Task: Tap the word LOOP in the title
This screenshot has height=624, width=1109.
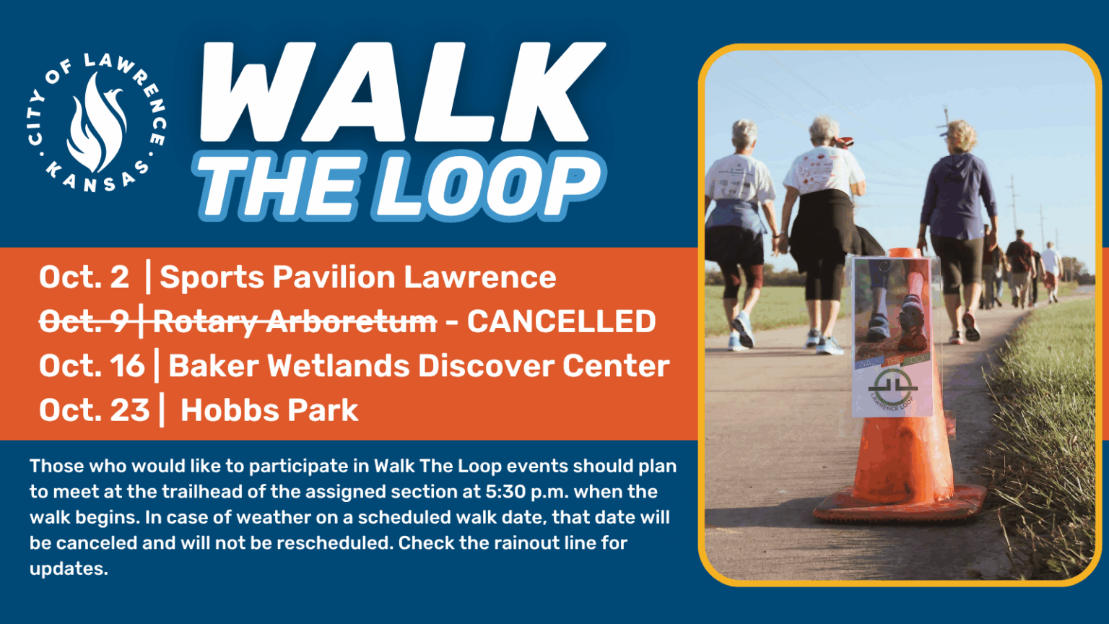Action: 491,186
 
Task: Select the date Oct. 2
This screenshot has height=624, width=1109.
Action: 84,277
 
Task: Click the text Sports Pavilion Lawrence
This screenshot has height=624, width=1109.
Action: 357,277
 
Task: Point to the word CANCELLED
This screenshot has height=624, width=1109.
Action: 561,322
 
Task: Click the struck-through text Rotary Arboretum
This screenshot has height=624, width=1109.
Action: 295,322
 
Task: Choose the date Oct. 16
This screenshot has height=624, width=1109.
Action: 92,366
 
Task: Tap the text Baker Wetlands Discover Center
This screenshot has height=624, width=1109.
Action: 419,366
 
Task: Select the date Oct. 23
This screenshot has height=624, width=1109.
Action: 94,410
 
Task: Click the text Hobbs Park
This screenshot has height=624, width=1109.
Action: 269,410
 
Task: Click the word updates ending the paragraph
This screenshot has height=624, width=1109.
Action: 68,568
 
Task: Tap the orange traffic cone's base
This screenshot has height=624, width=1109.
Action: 900,505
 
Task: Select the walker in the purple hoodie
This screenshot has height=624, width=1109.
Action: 957,224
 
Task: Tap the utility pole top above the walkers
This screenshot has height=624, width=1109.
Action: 946,116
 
